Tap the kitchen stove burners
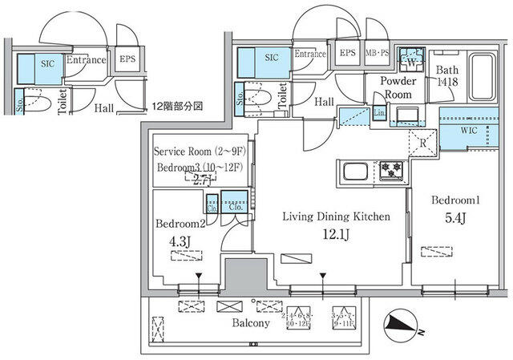391,169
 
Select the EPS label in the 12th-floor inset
127,59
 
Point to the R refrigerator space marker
422,144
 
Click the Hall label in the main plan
324,102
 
